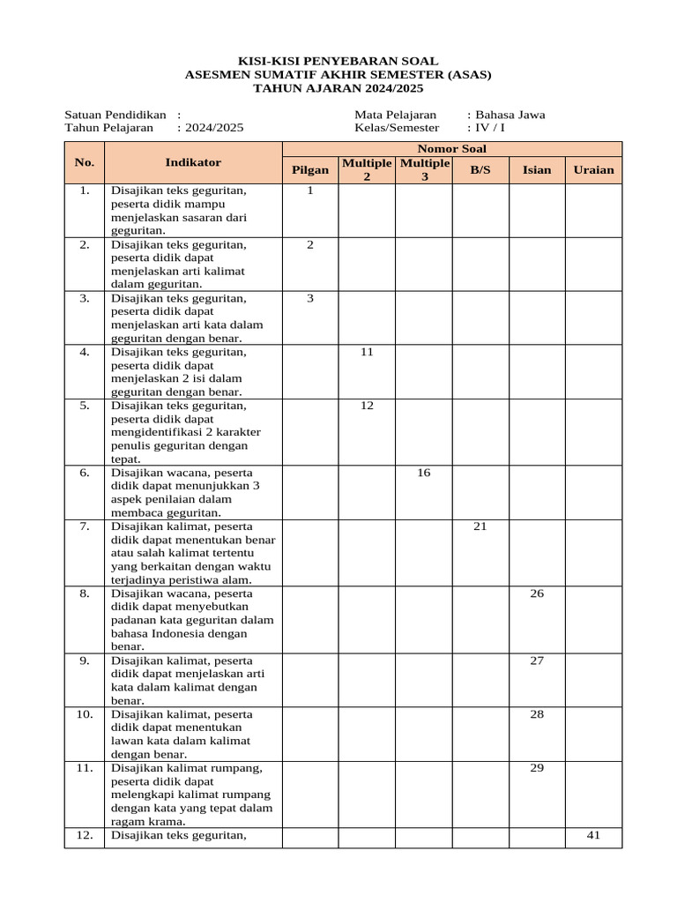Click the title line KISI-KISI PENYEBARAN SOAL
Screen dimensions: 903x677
coord(338,62)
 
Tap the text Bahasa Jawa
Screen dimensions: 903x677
coord(510,115)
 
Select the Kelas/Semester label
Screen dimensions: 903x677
coord(396,128)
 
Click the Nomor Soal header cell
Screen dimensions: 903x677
coord(451,149)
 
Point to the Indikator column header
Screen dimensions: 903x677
coord(193,162)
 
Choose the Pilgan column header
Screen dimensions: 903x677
coord(310,170)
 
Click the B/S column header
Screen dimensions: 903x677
coord(480,170)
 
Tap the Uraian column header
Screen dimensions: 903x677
coord(593,170)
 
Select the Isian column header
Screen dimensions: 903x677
coord(537,170)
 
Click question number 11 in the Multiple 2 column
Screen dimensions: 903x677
coord(367,352)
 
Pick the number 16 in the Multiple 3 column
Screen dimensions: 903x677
coord(423,474)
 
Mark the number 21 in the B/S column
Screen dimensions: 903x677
coord(480,526)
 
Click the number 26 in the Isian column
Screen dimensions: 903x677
coord(537,593)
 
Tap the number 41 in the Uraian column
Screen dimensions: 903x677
coord(593,835)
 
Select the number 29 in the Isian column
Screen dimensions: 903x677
coord(537,768)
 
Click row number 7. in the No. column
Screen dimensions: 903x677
coord(85,526)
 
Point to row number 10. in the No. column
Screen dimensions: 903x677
coord(85,714)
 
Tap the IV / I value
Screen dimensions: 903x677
coord(490,128)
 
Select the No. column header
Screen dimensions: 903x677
coord(85,162)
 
